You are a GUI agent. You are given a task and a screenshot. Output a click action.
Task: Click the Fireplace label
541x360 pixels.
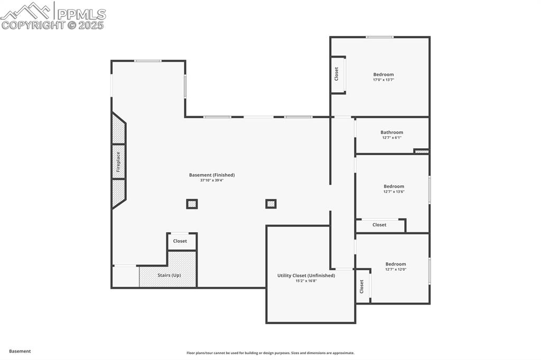(118, 162)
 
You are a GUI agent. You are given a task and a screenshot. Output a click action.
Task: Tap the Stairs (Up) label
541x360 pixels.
(169, 275)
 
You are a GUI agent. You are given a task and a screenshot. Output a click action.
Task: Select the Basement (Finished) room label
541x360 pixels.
(212, 175)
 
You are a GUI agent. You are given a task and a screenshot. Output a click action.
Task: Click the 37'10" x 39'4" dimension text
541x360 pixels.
(212, 181)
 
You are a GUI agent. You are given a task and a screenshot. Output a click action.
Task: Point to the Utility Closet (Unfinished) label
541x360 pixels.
(306, 275)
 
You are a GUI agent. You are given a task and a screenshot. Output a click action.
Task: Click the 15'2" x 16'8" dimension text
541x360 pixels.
(306, 281)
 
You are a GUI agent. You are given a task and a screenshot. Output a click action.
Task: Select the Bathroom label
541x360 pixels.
(391, 132)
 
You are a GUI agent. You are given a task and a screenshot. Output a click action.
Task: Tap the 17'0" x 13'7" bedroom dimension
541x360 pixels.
(384, 80)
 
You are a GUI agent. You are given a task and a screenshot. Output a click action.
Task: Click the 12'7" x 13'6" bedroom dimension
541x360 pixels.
(394, 192)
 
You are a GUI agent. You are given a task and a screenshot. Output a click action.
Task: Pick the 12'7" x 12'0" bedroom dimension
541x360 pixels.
(396, 269)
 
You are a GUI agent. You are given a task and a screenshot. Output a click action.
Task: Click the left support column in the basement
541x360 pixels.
(192, 204)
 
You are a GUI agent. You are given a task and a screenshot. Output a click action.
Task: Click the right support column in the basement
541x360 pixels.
(271, 204)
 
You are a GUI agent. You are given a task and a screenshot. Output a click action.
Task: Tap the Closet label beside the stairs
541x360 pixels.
(180, 241)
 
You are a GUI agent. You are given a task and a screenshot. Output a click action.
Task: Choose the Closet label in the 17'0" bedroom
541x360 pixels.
(337, 73)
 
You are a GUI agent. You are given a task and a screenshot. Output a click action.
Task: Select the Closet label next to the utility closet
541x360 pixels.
(362, 287)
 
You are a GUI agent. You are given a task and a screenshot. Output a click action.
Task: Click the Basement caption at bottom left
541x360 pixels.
(20, 351)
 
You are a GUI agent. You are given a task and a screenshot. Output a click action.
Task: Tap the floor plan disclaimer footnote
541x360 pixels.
(270, 353)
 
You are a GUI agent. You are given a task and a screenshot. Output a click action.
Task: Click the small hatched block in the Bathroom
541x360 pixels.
(421, 151)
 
